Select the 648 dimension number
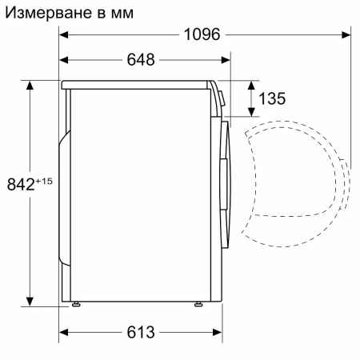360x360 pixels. (x=141, y=60)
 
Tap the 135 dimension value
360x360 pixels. (x=273, y=99)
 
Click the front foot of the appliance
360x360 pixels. (x=197, y=304)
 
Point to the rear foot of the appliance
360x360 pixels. (x=76, y=304)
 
